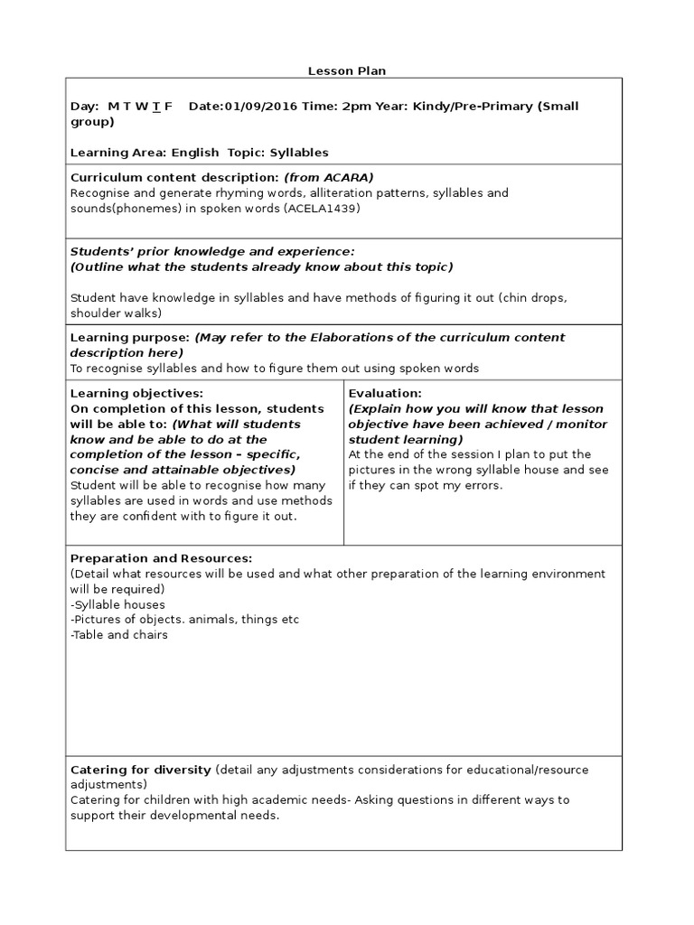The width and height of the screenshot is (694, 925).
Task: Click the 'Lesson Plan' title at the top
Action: (x=346, y=70)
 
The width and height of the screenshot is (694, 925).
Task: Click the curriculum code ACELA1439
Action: (x=321, y=209)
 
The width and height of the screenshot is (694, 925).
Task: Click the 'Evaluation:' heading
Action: (x=385, y=394)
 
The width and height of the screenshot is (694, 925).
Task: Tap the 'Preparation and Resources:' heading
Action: (x=161, y=558)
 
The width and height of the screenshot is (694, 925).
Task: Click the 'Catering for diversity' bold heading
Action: (x=140, y=770)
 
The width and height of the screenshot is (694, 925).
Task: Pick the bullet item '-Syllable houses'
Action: (x=117, y=604)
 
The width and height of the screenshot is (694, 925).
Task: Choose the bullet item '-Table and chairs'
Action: (x=119, y=635)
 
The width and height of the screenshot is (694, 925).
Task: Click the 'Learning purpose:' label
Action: (x=130, y=338)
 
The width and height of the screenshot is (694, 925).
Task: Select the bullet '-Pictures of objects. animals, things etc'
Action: (x=184, y=620)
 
